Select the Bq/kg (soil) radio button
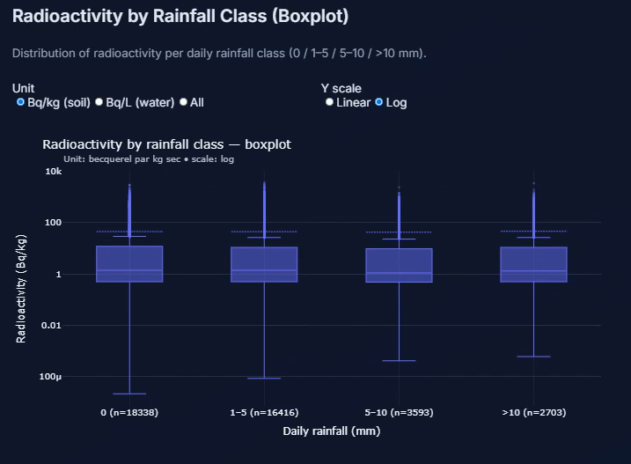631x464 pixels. click(x=20, y=102)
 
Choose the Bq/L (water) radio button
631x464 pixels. click(x=99, y=102)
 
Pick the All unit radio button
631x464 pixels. click(x=183, y=102)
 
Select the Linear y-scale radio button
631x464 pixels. click(x=329, y=102)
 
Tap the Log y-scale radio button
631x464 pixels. click(x=379, y=102)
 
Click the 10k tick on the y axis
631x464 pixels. click(x=54, y=172)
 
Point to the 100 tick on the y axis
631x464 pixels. click(x=54, y=223)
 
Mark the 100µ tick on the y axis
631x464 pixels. click(x=51, y=377)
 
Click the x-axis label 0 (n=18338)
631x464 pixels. click(x=129, y=412)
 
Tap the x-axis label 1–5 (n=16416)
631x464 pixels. click(x=264, y=412)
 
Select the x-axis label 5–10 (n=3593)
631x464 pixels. click(x=399, y=412)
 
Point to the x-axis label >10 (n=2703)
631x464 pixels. click(x=533, y=412)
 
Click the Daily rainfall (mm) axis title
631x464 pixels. click(x=332, y=431)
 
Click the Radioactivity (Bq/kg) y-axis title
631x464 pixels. click(x=22, y=289)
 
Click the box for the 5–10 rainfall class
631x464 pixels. click(x=399, y=265)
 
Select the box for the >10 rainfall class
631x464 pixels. click(x=533, y=264)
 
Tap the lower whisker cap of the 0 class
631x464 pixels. click(x=129, y=394)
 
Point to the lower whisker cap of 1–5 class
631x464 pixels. click(x=264, y=378)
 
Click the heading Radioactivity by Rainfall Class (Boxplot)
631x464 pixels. click(x=180, y=16)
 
